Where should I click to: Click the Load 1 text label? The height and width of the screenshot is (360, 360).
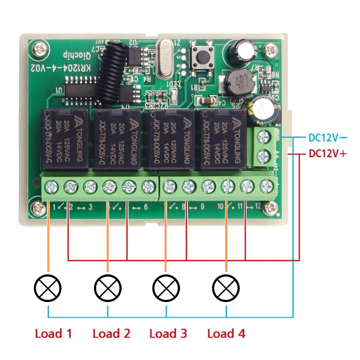pos(53,333)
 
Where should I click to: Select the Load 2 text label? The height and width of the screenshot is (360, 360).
pos(111,333)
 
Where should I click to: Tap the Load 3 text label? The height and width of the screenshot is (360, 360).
pos(168,333)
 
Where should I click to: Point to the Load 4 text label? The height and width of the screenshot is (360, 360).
pos(226,333)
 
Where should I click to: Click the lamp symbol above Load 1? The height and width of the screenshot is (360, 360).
pos(48,288)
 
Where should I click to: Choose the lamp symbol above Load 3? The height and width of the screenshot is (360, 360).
pos(166,288)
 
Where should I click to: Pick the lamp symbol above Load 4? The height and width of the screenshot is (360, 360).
pos(226,288)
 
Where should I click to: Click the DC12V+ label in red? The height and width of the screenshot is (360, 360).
pos(327,154)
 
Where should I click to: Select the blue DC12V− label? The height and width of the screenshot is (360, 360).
pos(327,138)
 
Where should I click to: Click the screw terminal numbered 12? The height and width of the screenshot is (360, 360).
pos(266,186)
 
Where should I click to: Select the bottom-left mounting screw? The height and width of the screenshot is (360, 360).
pos(38,208)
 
